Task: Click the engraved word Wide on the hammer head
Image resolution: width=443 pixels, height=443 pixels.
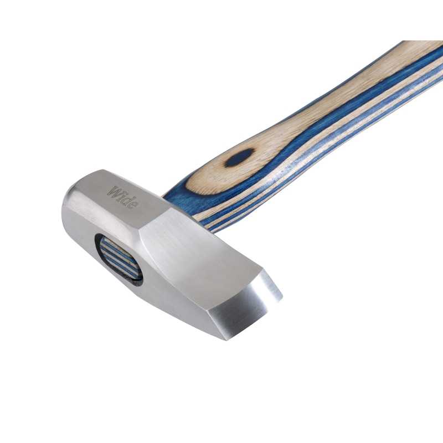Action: [x=123, y=197]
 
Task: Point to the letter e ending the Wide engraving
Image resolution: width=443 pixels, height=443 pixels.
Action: [x=135, y=204]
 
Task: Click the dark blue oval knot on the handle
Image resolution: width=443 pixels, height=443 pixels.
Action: [x=240, y=158]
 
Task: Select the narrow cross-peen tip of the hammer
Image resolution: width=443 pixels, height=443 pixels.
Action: [x=271, y=285]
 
